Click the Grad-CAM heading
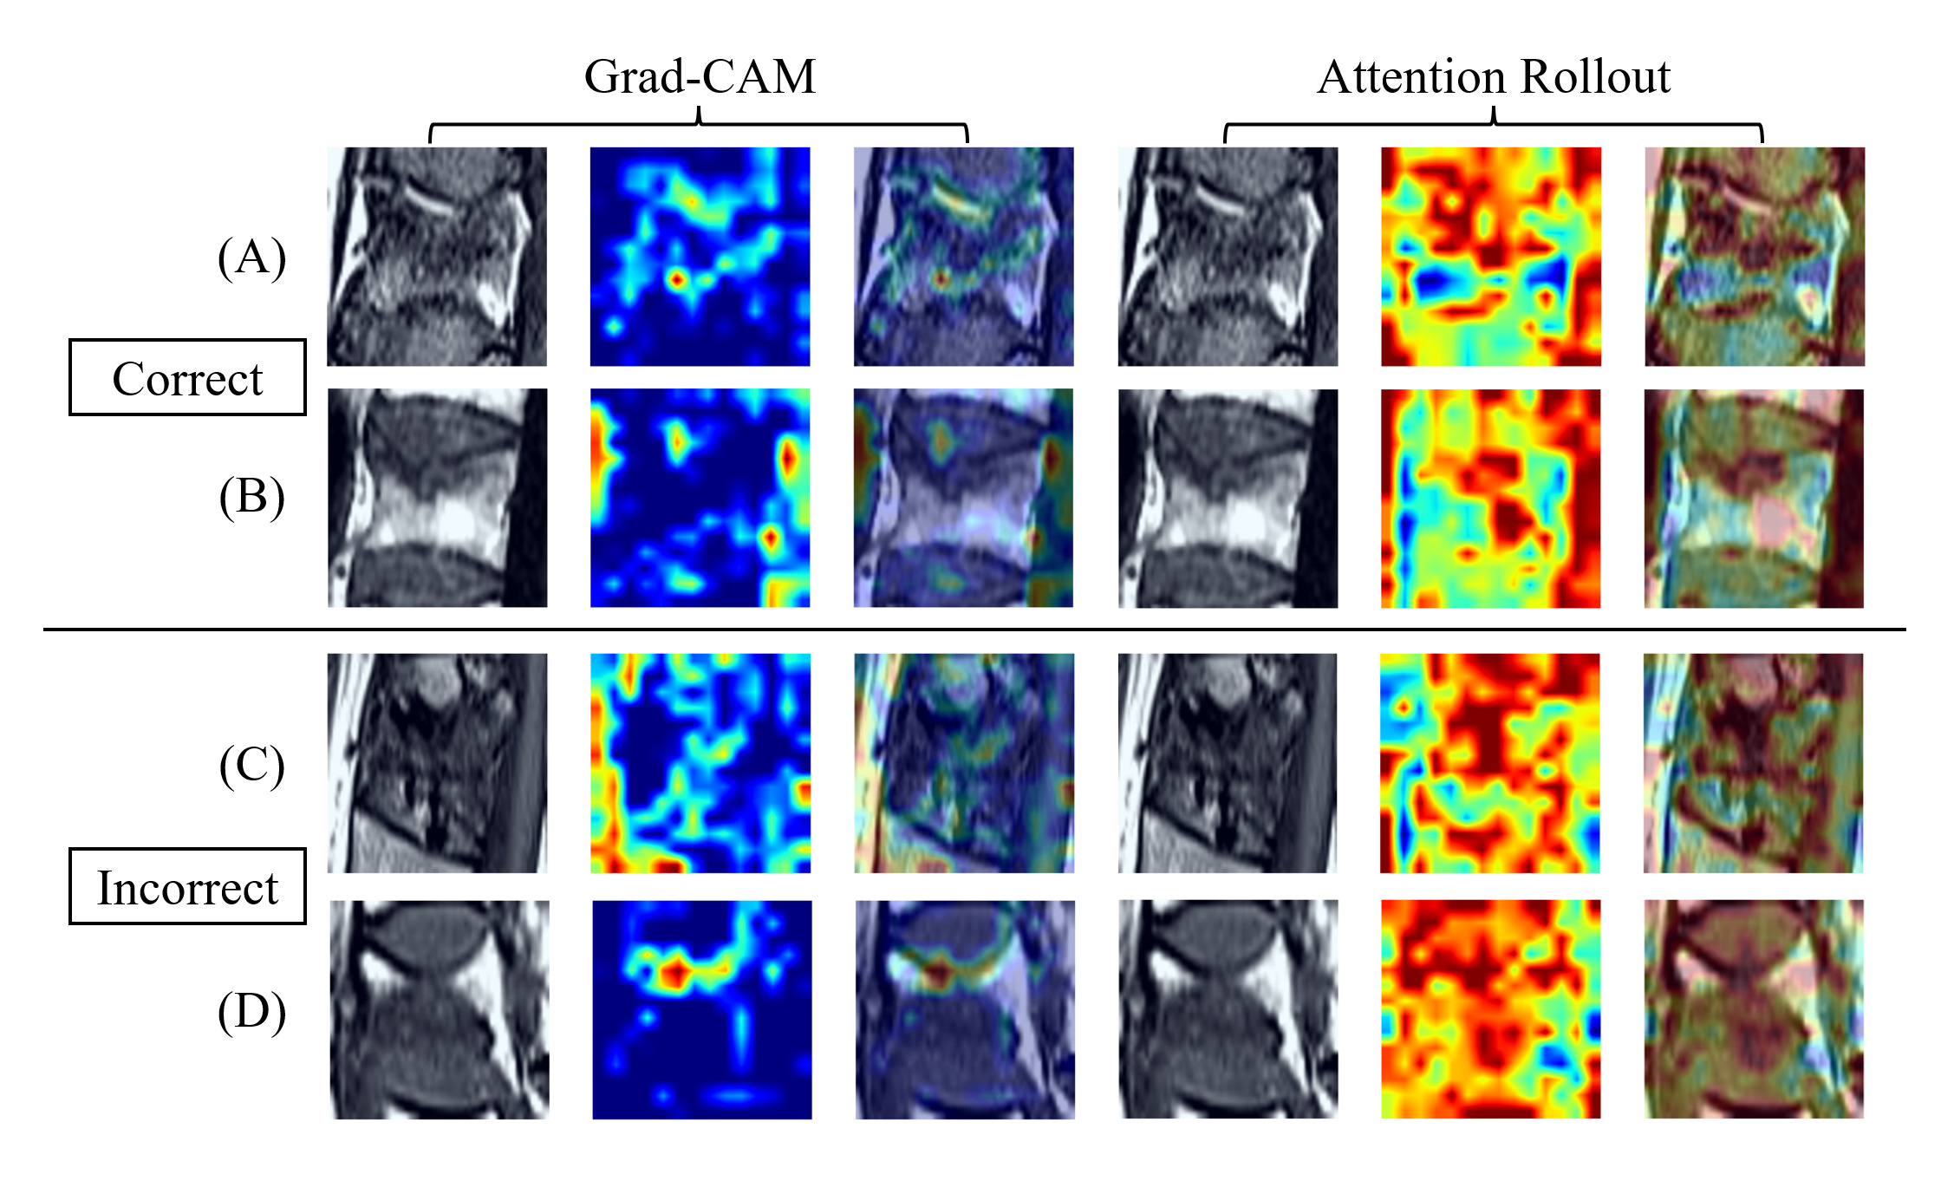pyautogui.click(x=700, y=77)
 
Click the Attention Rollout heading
pyautogui.click(x=1493, y=77)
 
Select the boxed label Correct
pyautogui.click(x=187, y=378)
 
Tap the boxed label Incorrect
pyautogui.click(x=187, y=887)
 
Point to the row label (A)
pyautogui.click(x=251, y=258)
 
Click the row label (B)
pyautogui.click(x=251, y=497)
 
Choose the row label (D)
pyautogui.click(x=251, y=1011)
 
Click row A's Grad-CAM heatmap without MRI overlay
pyautogui.click(x=700, y=257)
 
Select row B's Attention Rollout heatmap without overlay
pyautogui.click(x=1490, y=498)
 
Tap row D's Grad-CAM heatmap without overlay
pyautogui.click(x=701, y=1009)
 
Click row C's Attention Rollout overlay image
pyautogui.click(x=1753, y=763)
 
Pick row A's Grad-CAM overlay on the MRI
pyautogui.click(x=963, y=257)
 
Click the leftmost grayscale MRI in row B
pyautogui.click(x=437, y=498)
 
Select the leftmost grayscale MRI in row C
pyautogui.click(x=437, y=763)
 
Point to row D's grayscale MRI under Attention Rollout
pyautogui.click(x=1228, y=1009)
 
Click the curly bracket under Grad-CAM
pyautogui.click(x=699, y=124)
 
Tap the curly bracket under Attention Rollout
pyautogui.click(x=1493, y=124)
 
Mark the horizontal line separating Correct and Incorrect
pyautogui.click(x=974, y=630)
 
